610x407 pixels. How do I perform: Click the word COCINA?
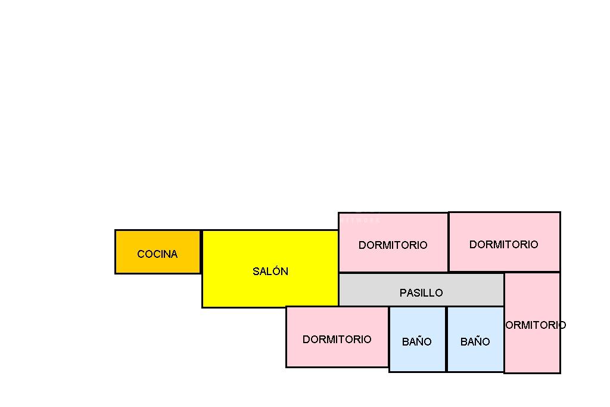pyautogui.click(x=157, y=254)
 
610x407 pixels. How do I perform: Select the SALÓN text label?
pyautogui.click(x=270, y=272)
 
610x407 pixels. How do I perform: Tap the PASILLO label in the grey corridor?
pyautogui.click(x=421, y=293)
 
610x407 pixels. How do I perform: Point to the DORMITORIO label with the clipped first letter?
pyautogui.click(x=535, y=325)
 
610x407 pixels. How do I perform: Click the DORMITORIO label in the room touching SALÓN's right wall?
pyautogui.click(x=393, y=245)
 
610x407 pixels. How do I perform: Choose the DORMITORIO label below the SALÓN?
pyautogui.click(x=337, y=340)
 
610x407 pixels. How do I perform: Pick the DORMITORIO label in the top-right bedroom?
pyautogui.click(x=503, y=245)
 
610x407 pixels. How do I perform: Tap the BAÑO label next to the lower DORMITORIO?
pyautogui.click(x=416, y=342)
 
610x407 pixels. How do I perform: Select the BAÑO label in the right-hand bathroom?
pyautogui.click(x=475, y=342)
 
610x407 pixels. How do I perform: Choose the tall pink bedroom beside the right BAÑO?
pyautogui.click(x=532, y=352)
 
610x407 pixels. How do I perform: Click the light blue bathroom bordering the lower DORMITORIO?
pyautogui.click(x=417, y=358)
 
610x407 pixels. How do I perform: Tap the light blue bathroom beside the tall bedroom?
pyautogui.click(x=475, y=358)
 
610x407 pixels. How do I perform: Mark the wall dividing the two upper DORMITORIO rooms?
pyautogui.click(x=448, y=242)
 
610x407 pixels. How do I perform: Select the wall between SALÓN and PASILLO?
pyautogui.click(x=338, y=290)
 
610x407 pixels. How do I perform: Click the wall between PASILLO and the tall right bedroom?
pyautogui.click(x=504, y=290)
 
